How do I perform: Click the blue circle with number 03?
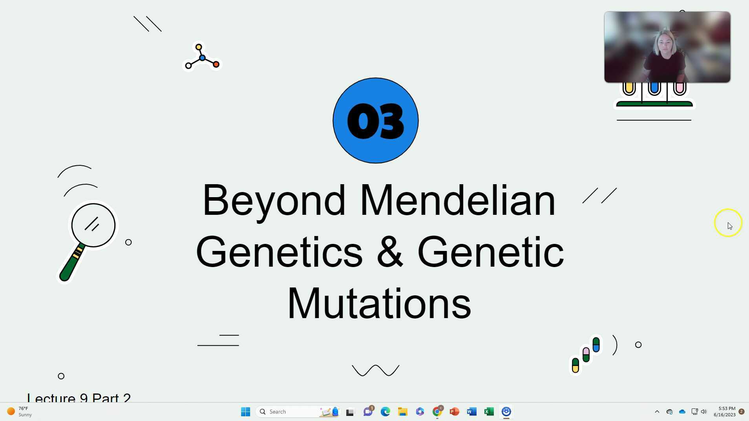point(375,120)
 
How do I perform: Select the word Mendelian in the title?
point(457,200)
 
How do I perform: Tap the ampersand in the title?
point(389,252)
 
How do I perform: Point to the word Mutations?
point(379,304)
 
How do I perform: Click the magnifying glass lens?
point(93,225)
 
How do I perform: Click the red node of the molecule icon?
point(216,64)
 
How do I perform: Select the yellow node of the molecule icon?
point(199,47)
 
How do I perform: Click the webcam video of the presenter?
point(667,47)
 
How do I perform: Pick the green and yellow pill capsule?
point(575,365)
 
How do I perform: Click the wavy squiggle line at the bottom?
point(375,370)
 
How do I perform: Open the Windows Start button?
point(246,412)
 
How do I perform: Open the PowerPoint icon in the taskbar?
point(454,412)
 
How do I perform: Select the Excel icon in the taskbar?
point(489,412)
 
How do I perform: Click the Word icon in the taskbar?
point(471,412)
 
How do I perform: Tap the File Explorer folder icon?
point(402,412)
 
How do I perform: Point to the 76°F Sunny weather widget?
point(20,412)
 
